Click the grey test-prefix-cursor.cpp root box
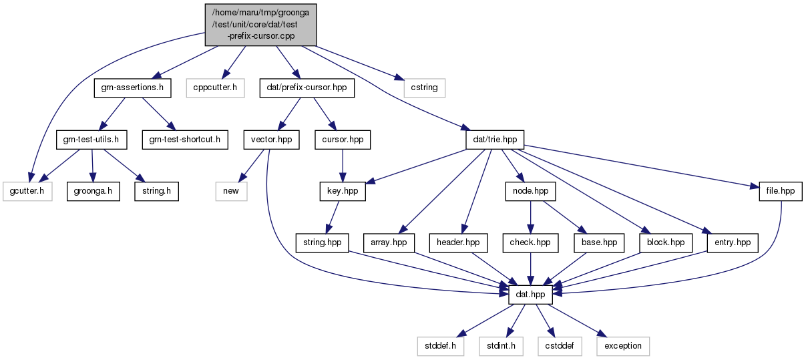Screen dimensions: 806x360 tap(260, 25)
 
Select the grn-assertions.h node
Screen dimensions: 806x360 tap(132, 88)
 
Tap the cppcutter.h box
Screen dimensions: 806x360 tap(215, 88)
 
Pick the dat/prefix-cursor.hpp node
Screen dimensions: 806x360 tap(307, 88)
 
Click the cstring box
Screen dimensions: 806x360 tap(424, 88)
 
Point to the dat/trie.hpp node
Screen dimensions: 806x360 tap(495, 140)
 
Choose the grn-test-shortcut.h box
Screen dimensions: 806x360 tap(185, 140)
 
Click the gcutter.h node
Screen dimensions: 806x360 tap(27, 191)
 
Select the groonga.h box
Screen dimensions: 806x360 tap(93, 191)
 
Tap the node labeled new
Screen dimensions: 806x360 tap(231, 191)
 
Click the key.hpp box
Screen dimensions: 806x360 tap(343, 191)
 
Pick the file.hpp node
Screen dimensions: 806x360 tap(781, 191)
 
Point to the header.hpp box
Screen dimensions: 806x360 tap(458, 243)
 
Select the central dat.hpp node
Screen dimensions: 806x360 tap(530, 295)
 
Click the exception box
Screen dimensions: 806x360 tap(623, 347)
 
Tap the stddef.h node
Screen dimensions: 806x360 tap(441, 347)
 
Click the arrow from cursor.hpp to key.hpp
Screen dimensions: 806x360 tap(343, 166)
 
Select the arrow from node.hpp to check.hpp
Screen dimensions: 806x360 tap(530, 218)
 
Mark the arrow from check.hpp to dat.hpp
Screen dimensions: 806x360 tap(530, 269)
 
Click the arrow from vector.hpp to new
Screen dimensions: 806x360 tap(251, 166)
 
